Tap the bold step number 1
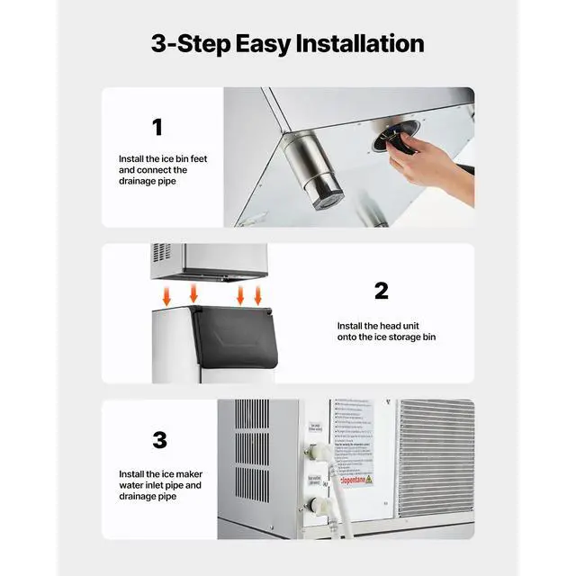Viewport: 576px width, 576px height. [158, 127]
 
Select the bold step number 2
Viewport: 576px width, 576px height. [382, 291]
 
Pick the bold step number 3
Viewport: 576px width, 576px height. [159, 440]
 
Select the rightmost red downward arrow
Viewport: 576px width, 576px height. [258, 295]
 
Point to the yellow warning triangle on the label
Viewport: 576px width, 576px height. [367, 479]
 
